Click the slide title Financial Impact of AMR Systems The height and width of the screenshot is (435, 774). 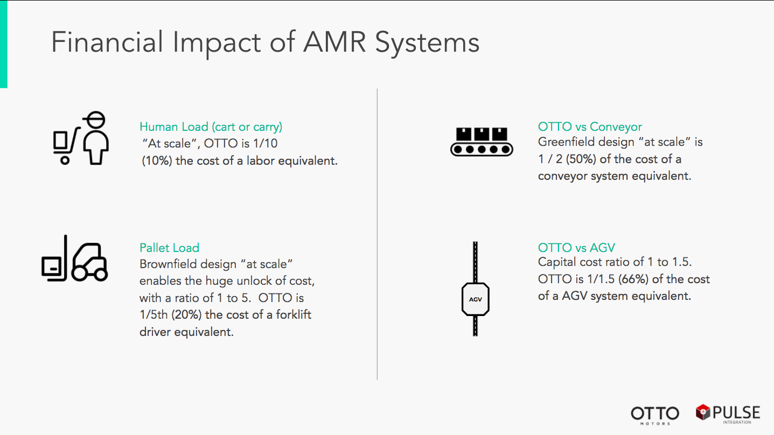(265, 42)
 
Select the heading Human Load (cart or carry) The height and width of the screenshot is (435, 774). (211, 127)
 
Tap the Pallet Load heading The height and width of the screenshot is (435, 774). (169, 248)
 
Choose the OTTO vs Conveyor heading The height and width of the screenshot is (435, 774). (590, 127)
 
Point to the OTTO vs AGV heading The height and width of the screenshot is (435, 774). (576, 248)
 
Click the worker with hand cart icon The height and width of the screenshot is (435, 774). (81, 139)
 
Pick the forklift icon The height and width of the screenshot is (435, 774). (75, 259)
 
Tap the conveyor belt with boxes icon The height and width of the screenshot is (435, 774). (481, 142)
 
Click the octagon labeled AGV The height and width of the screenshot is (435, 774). (475, 299)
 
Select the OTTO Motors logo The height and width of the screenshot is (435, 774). (655, 414)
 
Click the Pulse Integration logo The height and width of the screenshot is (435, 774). (728, 413)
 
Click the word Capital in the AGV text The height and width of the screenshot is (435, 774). (557, 263)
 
